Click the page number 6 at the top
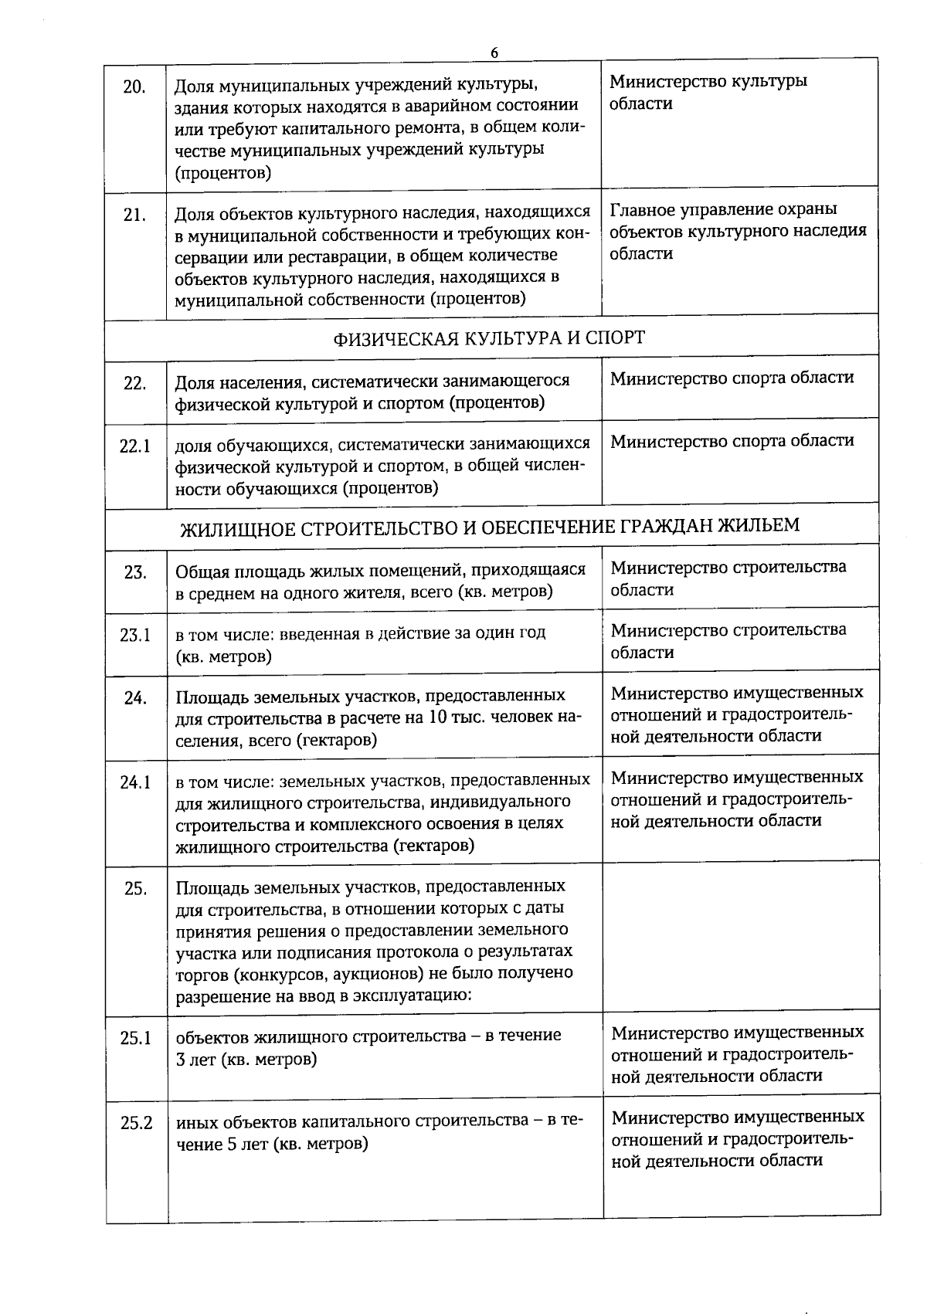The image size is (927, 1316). pyautogui.click(x=494, y=53)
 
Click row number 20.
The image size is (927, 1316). pyautogui.click(x=134, y=86)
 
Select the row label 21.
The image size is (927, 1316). pyautogui.click(x=134, y=215)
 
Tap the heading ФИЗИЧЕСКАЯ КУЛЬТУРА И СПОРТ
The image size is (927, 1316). pyautogui.click(x=489, y=338)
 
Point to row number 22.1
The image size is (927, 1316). pyautogui.click(x=134, y=446)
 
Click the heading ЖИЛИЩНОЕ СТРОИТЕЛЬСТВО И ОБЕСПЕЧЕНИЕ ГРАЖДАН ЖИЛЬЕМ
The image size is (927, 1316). pyautogui.click(x=490, y=526)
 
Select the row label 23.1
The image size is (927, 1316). pyautogui.click(x=134, y=636)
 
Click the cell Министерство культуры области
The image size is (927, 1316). pyautogui.click(x=708, y=92)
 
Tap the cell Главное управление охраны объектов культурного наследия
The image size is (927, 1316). pyautogui.click(x=738, y=232)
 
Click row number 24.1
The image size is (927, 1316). pyautogui.click(x=134, y=782)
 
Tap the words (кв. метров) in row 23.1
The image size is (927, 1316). pyautogui.click(x=224, y=656)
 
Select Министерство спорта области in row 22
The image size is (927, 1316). pyautogui.click(x=732, y=378)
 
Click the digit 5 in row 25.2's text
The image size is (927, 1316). pyautogui.click(x=231, y=1144)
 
